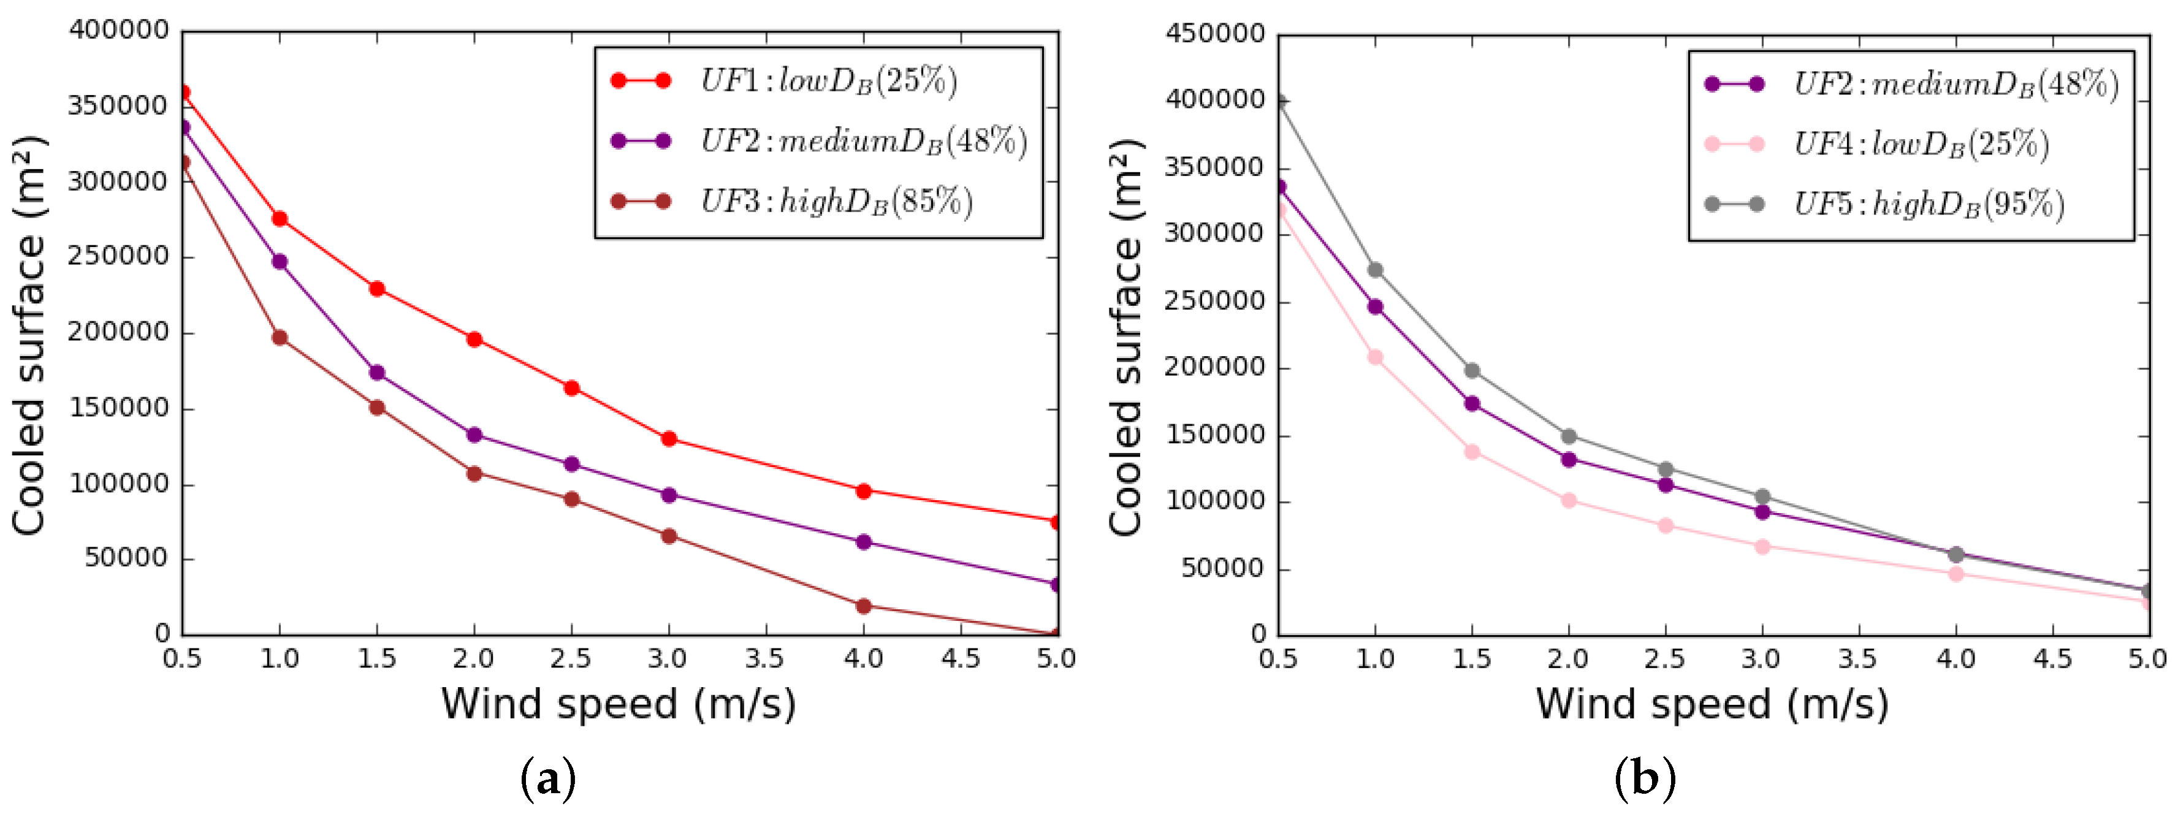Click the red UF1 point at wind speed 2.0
[474, 340]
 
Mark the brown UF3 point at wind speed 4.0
[863, 606]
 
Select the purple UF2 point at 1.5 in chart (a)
[377, 373]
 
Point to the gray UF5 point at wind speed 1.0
[1376, 270]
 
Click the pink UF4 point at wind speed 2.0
[1569, 500]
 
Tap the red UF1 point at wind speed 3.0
[669, 439]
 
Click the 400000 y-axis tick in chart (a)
[119, 31]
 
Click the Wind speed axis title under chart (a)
[618, 703]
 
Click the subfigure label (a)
[548, 778]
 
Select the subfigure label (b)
[1645, 778]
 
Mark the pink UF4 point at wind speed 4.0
[1955, 574]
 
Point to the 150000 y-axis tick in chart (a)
[119, 408]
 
